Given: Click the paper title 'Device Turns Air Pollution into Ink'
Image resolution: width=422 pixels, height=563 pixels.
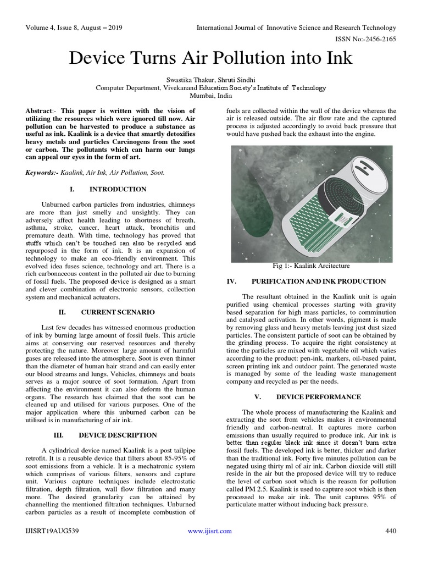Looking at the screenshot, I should point(210,58).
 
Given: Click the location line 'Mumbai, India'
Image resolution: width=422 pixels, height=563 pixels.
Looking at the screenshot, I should point(210,95).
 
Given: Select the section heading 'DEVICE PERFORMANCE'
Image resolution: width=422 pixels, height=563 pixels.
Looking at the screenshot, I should point(318,396).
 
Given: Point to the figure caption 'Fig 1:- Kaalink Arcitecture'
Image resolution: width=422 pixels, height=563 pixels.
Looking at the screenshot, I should point(310,266).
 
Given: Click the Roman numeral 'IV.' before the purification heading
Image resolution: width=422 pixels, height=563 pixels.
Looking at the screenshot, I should point(232,281).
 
